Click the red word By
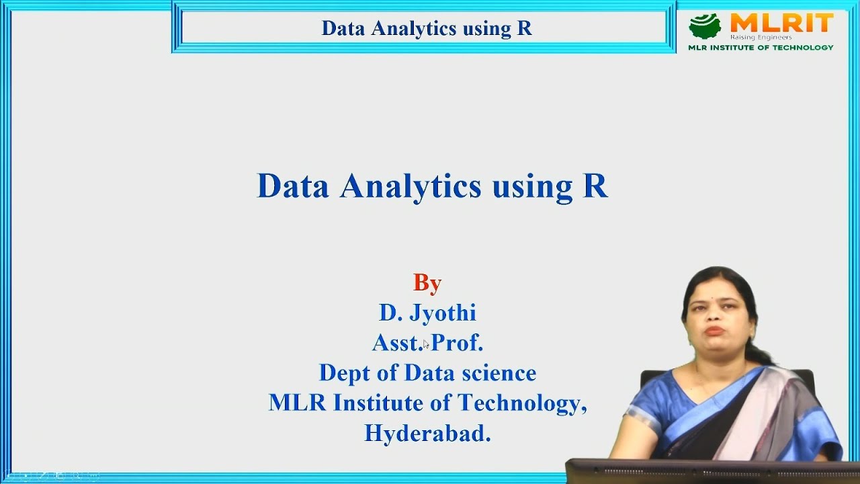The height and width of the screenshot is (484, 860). click(x=427, y=283)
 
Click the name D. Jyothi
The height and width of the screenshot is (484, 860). click(x=427, y=313)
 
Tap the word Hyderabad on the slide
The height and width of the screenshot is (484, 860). click(x=427, y=434)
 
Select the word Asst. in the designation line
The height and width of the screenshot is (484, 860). click(x=397, y=343)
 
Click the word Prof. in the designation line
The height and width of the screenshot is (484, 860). click(x=457, y=343)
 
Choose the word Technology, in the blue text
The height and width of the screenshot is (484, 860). click(x=522, y=403)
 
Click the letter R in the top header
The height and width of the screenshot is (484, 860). click(x=524, y=28)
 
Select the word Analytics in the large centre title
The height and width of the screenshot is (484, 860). click(x=411, y=186)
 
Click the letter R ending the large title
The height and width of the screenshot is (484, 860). click(x=595, y=186)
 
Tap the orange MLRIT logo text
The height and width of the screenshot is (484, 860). click(x=781, y=24)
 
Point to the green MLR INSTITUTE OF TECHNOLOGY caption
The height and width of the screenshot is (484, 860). click(x=761, y=48)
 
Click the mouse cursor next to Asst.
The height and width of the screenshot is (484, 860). click(x=426, y=344)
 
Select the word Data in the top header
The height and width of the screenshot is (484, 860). click(x=343, y=28)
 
